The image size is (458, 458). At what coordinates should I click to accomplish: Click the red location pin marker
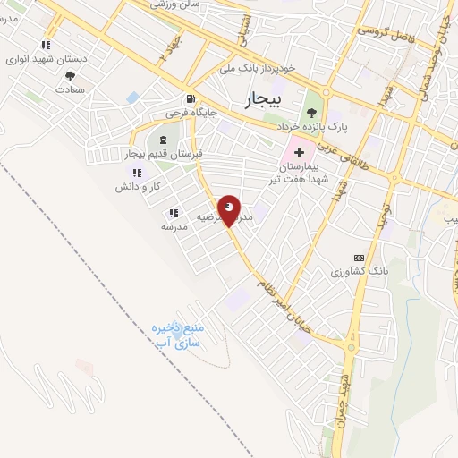click(x=229, y=209)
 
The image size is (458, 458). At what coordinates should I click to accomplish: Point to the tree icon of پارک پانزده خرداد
click(x=311, y=112)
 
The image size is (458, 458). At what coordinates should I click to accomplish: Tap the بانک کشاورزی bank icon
click(x=359, y=258)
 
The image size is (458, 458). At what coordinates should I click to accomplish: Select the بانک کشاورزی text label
click(x=344, y=271)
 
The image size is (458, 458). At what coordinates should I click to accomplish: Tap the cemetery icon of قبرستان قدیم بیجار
click(x=163, y=140)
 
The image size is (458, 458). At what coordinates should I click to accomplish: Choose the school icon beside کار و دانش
click(x=137, y=173)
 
